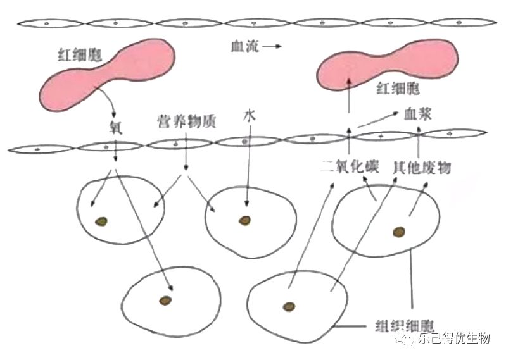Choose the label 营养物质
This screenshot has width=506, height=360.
pos(186,120)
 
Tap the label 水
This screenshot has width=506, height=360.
pos(248,118)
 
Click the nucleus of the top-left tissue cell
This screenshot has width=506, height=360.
pos(101,221)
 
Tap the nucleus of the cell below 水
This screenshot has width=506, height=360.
pos(244,220)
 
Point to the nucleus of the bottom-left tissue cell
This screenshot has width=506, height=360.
pos(165,299)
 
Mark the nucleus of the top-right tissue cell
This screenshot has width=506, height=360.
pos(400,232)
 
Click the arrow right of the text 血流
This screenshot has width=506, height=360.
pos(269,46)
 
